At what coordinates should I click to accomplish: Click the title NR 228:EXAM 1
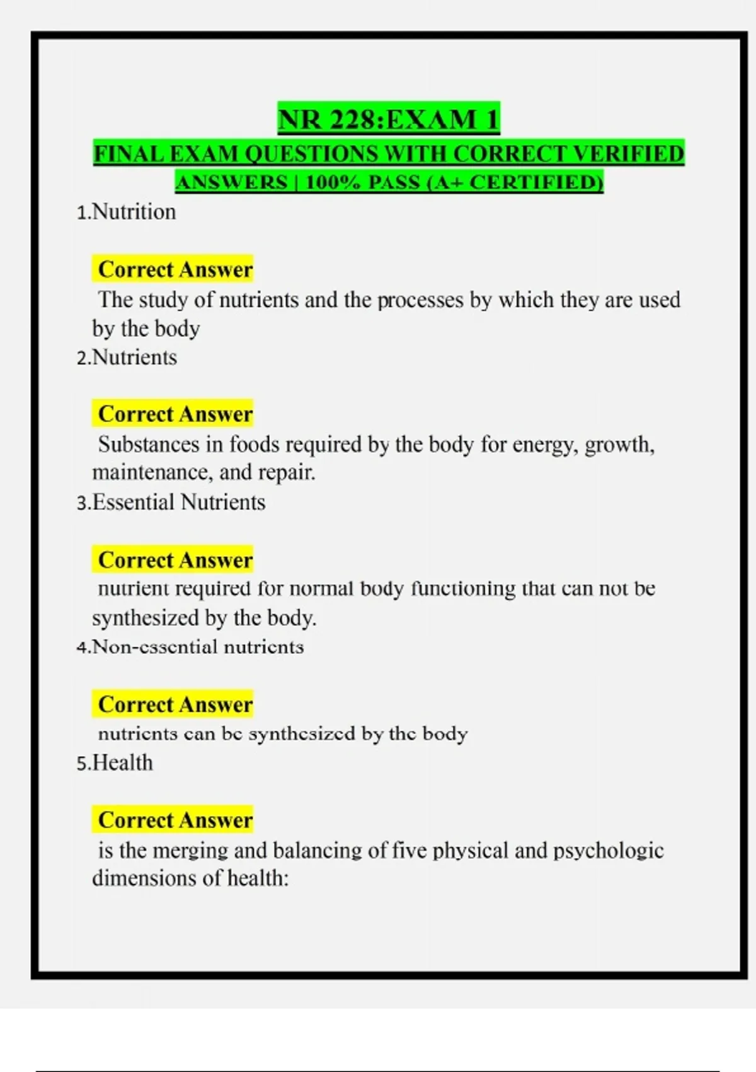pos(389,119)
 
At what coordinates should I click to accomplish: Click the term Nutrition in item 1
pos(134,212)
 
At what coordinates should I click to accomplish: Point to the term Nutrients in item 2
pos(134,358)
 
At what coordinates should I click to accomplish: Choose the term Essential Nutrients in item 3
pos(179,503)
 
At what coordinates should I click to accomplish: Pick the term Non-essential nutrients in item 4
pos(198,647)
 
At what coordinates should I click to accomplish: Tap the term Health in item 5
pos(123,763)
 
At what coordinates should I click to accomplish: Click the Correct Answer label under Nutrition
pos(175,270)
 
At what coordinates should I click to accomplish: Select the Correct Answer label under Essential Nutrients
pos(175,560)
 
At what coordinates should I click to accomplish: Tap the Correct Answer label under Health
pos(175,820)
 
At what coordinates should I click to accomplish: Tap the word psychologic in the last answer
pos(609,851)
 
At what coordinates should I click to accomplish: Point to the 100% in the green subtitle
pos(331,183)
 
